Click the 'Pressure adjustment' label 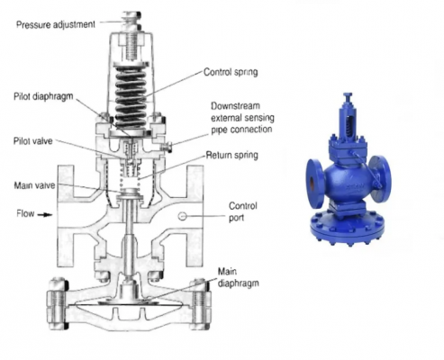click(56, 24)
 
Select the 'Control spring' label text click(231, 72)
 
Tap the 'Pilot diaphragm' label click(43, 96)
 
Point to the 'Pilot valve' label click(33, 141)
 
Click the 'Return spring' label click(231, 155)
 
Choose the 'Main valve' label click(34, 185)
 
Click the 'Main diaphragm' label click(238, 277)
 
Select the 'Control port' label click(243, 211)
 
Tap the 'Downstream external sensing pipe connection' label click(242, 118)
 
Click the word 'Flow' click(25, 213)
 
